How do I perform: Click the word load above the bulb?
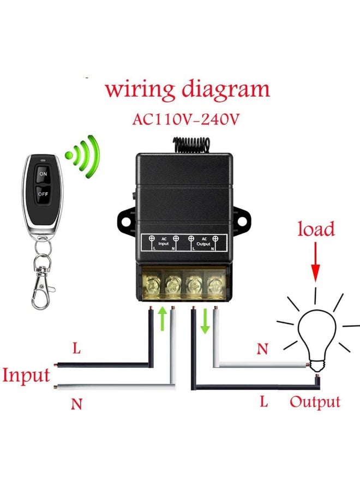(x=316, y=229)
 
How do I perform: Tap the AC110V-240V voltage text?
(x=186, y=119)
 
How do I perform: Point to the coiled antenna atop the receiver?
(x=188, y=144)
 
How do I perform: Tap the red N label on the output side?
(x=262, y=349)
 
